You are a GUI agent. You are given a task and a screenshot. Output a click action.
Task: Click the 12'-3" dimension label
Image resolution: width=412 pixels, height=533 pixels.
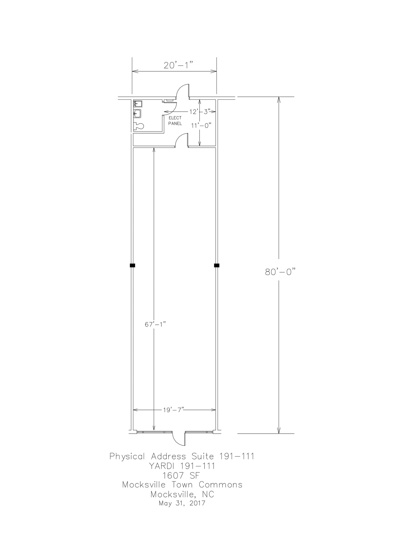coord(200,112)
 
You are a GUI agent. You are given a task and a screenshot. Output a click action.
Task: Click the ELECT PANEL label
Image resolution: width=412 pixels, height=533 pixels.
coord(175,121)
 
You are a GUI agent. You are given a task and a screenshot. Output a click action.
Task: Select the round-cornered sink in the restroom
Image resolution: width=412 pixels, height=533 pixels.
coord(137,113)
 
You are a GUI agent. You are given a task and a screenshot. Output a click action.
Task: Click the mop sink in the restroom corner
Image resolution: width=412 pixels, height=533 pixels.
coord(138,104)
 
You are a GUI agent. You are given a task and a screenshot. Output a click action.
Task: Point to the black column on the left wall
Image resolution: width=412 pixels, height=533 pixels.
coord(132,265)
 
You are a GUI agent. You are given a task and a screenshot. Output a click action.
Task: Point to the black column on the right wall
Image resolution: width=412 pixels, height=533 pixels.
coord(217,265)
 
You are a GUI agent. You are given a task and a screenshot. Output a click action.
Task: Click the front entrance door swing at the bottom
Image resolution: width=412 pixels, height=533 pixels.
coord(179,439)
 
